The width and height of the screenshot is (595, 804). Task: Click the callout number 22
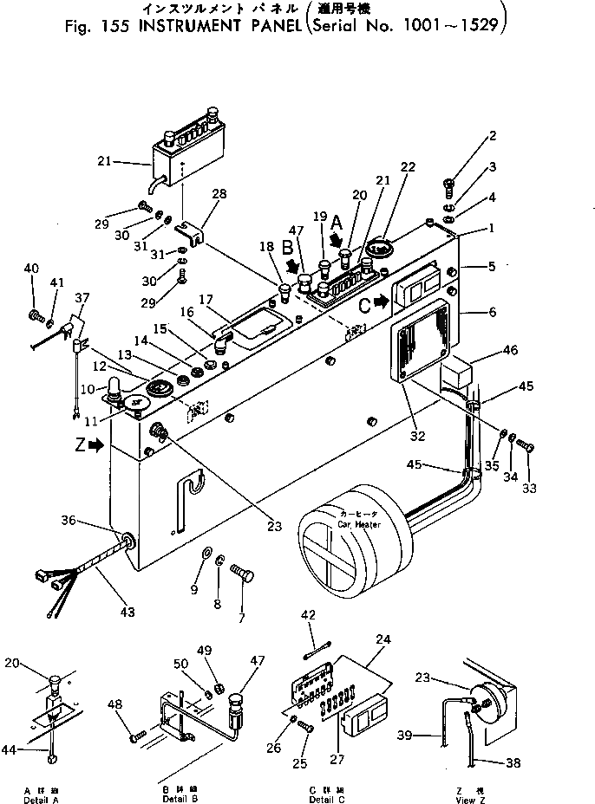[408, 167]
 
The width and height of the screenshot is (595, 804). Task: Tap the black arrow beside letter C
[380, 305]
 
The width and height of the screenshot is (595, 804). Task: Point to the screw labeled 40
[36, 314]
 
